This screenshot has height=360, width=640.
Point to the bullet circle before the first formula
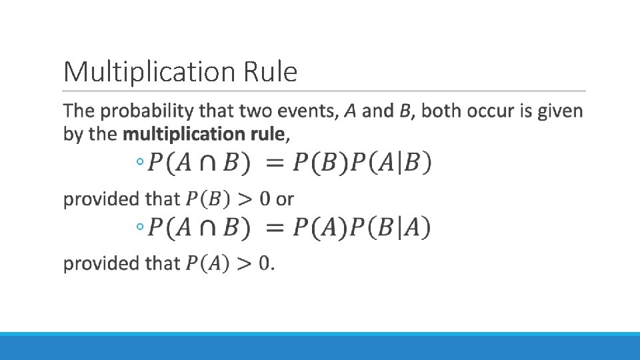coord(139,161)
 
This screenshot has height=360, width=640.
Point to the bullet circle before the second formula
coord(139,228)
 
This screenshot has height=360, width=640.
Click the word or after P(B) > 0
coord(285,199)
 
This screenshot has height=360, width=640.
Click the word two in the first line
coord(254,111)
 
